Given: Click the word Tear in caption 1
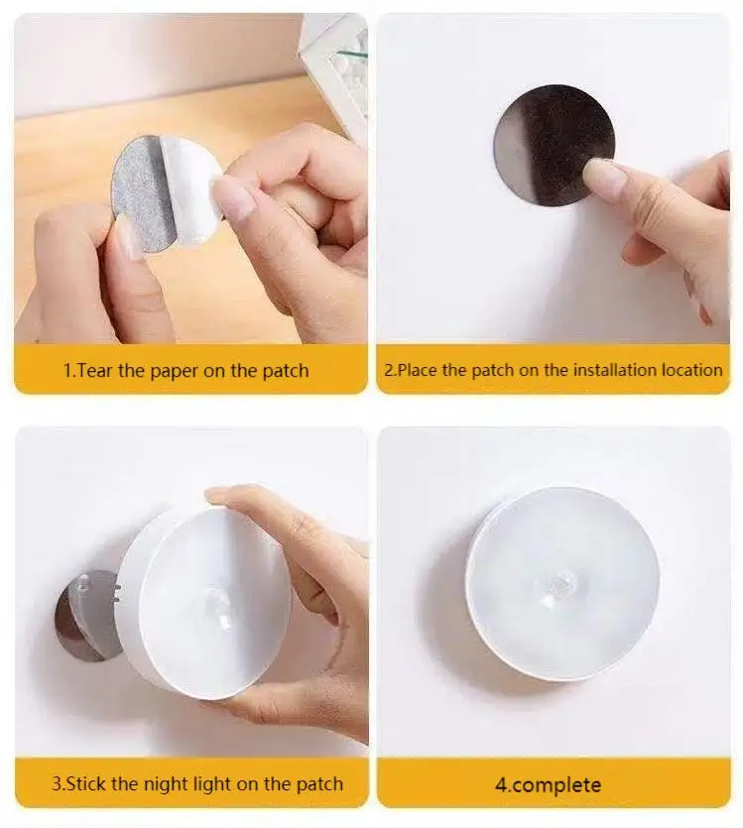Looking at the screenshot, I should [96, 371].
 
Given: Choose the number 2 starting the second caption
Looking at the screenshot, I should [389, 370].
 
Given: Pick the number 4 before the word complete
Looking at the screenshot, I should [501, 785].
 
